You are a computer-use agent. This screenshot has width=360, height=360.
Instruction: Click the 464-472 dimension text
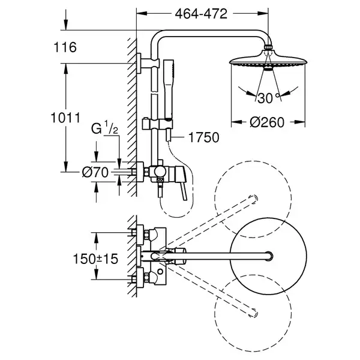click(x=201, y=14)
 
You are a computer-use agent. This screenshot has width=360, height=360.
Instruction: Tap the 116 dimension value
click(x=65, y=47)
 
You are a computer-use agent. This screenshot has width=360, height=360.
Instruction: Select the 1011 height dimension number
click(x=65, y=118)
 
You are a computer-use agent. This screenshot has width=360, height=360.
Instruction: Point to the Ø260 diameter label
click(x=267, y=122)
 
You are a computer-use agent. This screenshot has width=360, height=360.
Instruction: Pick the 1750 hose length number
click(x=203, y=137)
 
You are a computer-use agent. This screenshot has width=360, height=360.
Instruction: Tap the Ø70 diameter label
click(x=95, y=172)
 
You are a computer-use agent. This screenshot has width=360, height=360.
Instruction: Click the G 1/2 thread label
click(x=104, y=128)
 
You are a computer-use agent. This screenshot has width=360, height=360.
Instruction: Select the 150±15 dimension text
click(x=95, y=259)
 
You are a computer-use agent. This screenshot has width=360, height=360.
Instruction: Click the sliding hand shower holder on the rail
click(x=157, y=124)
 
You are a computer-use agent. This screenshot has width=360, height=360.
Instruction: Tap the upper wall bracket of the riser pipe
click(x=147, y=63)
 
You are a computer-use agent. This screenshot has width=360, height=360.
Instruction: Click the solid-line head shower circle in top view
click(x=268, y=256)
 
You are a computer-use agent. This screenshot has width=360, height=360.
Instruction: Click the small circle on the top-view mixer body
click(x=160, y=272)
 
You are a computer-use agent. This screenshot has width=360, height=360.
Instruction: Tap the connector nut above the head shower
click(x=268, y=47)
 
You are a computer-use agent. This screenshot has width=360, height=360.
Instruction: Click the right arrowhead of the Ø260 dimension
click(x=300, y=122)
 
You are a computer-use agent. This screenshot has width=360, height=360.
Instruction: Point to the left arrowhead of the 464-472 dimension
click(x=142, y=14)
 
